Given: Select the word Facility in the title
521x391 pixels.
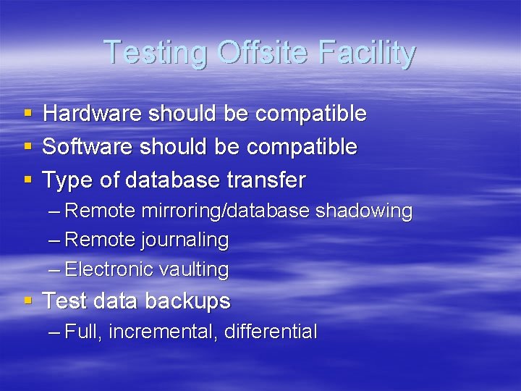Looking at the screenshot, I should tap(370, 53).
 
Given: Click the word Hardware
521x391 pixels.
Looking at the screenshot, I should tap(93, 114).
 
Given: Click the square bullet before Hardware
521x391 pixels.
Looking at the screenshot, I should tap(27, 114).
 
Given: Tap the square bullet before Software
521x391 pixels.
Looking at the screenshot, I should tap(27, 148).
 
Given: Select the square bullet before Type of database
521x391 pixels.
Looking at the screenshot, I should tap(27, 180).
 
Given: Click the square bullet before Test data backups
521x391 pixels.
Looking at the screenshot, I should tap(27, 300).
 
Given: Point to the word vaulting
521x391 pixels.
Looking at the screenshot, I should tap(193, 270).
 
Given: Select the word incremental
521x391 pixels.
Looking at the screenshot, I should tap(166, 332).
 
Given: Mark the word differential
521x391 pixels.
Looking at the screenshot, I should tap(271, 332).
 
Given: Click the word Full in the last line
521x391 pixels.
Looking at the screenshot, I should tap(85, 332).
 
